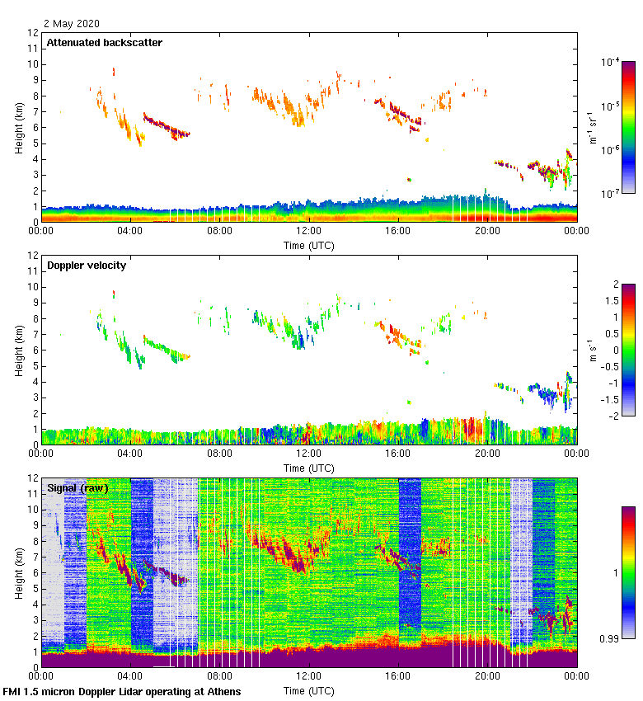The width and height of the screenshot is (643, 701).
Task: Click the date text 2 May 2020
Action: click(x=73, y=24)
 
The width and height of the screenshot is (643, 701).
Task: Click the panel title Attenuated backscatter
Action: click(x=105, y=43)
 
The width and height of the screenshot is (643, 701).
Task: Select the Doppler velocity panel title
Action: click(x=87, y=266)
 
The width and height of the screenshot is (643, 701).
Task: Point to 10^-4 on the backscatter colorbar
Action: click(x=611, y=63)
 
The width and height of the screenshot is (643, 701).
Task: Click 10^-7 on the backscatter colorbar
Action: click(x=611, y=193)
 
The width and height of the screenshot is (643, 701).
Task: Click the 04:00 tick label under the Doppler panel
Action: click(x=130, y=454)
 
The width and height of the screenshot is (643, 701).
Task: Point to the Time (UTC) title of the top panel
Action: click(x=308, y=245)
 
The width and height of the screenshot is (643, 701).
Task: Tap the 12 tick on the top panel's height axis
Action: click(x=33, y=33)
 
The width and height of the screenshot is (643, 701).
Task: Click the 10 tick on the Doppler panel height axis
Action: click(x=33, y=287)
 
